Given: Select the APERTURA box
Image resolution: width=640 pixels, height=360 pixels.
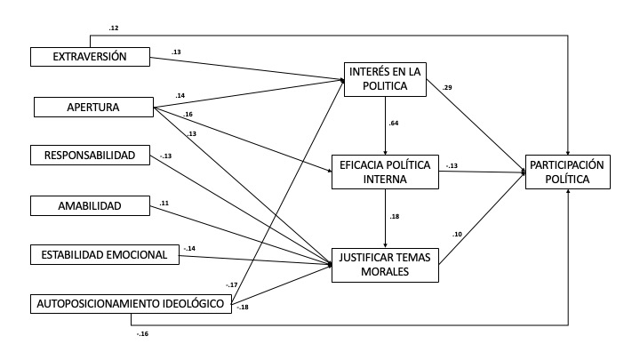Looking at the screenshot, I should pyautogui.click(x=93, y=108).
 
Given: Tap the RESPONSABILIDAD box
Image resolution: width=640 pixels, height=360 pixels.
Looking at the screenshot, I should pyautogui.click(x=89, y=156).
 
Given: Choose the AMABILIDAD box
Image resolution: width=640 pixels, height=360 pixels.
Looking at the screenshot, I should pyautogui.click(x=89, y=206).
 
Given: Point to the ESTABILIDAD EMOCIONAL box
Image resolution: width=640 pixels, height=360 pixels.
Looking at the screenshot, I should pyautogui.click(x=104, y=255).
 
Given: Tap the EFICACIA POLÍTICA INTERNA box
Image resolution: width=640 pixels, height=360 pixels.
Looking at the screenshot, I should pyautogui.click(x=384, y=172).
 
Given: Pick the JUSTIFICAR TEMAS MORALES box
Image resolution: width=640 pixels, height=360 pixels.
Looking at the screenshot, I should pyautogui.click(x=384, y=265).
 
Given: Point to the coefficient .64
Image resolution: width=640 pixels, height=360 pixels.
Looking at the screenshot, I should pyautogui.click(x=392, y=123).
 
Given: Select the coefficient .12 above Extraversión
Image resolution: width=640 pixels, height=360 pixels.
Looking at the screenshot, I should pyautogui.click(x=114, y=28).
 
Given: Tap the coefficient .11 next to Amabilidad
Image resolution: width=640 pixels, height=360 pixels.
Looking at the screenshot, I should pyautogui.click(x=164, y=204).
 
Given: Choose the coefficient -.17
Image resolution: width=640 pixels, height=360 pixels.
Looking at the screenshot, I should pyautogui.click(x=232, y=284).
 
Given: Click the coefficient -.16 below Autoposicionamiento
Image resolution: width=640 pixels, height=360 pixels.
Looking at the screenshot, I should pyautogui.click(x=142, y=333).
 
